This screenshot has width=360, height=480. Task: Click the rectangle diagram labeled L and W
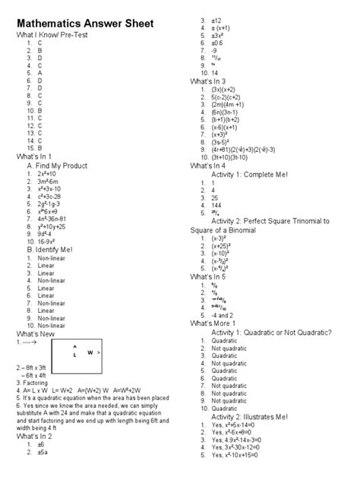81,355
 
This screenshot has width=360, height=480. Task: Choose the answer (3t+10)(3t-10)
242,157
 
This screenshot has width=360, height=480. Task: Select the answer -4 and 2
226,314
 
